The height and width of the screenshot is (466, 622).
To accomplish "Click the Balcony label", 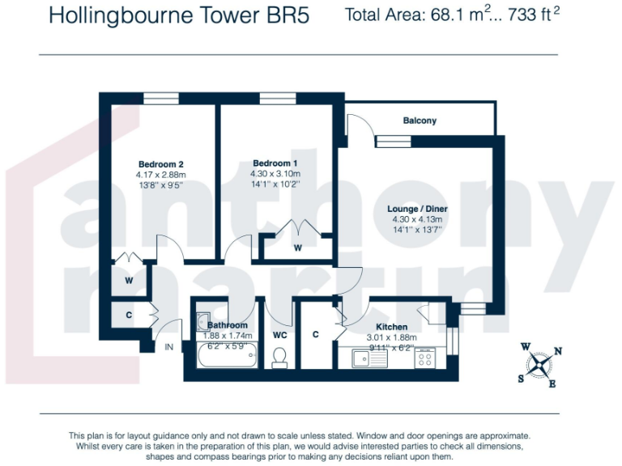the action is [x=420, y=121].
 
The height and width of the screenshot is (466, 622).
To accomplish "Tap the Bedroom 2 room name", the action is [x=160, y=164].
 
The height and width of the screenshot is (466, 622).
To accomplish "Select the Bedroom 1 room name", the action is [x=275, y=163].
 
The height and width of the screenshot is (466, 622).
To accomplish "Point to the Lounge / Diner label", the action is [x=417, y=209].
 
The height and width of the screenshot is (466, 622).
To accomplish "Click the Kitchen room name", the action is [x=391, y=327].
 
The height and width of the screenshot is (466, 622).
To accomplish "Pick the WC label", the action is [x=279, y=335].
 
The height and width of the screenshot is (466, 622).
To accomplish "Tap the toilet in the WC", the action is [x=280, y=358].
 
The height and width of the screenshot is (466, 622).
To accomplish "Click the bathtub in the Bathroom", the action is [x=227, y=354].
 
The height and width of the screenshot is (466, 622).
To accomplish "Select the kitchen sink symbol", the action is [x=369, y=358].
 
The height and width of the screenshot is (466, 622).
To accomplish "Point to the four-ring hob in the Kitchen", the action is [x=425, y=358].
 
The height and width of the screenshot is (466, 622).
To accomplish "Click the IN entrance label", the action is [x=169, y=347].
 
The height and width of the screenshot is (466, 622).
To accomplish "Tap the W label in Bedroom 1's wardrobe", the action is [x=297, y=248].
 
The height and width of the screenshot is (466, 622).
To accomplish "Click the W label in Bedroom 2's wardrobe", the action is [x=129, y=281].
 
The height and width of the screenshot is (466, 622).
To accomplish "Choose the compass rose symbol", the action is [x=539, y=366].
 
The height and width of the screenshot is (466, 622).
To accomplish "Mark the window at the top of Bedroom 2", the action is [x=160, y=98].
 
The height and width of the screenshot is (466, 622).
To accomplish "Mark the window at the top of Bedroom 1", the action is [x=278, y=98].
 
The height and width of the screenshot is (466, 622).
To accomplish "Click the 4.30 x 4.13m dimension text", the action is [x=417, y=219].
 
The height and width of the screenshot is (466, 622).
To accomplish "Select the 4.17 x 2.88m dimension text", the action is [x=160, y=175].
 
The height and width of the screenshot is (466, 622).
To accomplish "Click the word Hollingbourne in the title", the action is [x=121, y=16].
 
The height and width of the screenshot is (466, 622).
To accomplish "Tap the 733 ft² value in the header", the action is [x=534, y=15].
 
